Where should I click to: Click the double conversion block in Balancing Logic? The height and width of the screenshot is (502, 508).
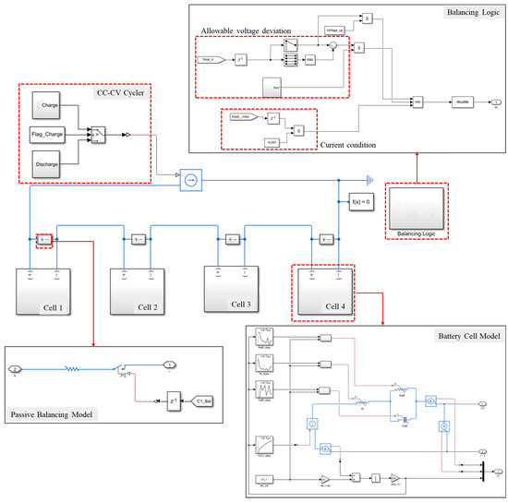point(463,102)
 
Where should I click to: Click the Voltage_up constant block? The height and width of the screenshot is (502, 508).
point(336,31)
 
